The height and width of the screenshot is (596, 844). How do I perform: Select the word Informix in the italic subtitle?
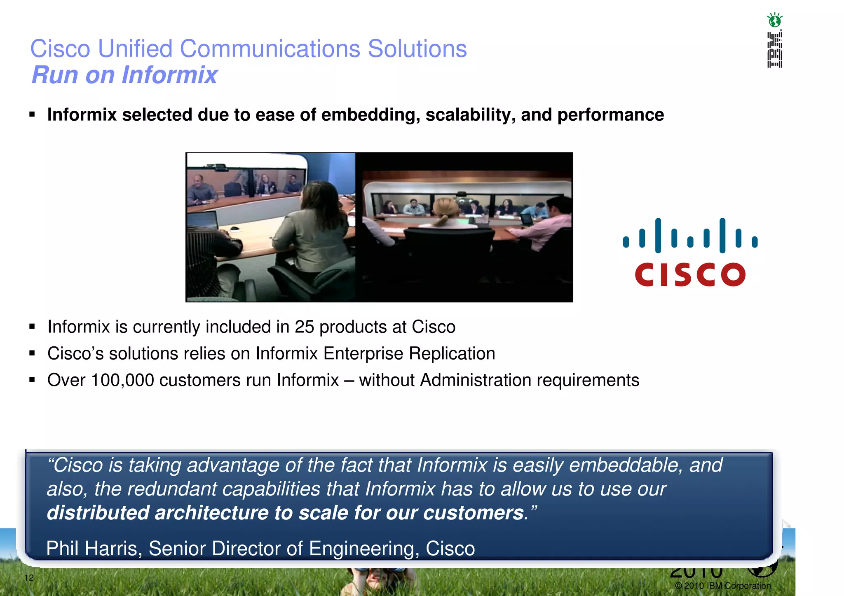(x=169, y=75)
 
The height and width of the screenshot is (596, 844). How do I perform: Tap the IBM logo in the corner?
(x=774, y=50)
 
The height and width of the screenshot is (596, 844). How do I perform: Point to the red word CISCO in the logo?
(x=690, y=275)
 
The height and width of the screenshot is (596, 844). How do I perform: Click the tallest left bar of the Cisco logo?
(x=658, y=235)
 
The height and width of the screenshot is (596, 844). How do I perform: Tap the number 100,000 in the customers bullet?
(x=122, y=380)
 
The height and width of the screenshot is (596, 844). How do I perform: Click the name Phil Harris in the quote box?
(x=94, y=549)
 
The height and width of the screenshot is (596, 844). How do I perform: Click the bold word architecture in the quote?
(x=211, y=513)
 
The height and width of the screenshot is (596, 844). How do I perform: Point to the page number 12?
(x=29, y=577)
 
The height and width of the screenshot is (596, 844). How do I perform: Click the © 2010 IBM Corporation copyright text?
(x=723, y=586)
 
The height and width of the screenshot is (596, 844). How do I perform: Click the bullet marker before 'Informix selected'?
(x=32, y=115)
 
